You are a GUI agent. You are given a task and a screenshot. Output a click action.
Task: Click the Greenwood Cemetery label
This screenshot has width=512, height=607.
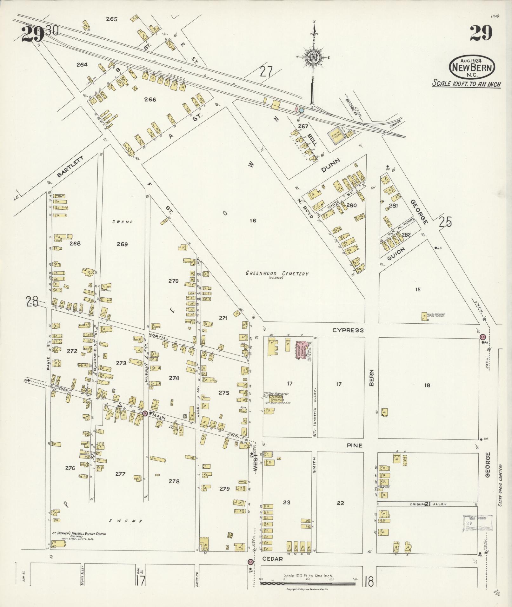(x=277, y=274)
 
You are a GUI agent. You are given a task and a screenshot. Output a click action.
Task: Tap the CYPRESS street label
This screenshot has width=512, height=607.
(x=348, y=330)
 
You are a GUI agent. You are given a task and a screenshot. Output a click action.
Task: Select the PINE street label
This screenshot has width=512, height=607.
(x=354, y=445)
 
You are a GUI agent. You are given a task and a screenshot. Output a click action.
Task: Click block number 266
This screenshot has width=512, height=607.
(x=150, y=100)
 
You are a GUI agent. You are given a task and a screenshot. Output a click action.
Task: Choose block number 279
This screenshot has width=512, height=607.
(x=224, y=489)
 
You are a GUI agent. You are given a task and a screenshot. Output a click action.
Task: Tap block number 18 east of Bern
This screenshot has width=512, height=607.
(x=427, y=385)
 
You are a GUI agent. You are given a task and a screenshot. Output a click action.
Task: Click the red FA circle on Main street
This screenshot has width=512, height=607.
(x=145, y=413)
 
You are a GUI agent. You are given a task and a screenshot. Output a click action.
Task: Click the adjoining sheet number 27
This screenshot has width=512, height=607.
(x=266, y=72)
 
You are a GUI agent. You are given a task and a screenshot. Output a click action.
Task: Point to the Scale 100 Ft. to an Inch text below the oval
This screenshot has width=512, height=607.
(x=467, y=84)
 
